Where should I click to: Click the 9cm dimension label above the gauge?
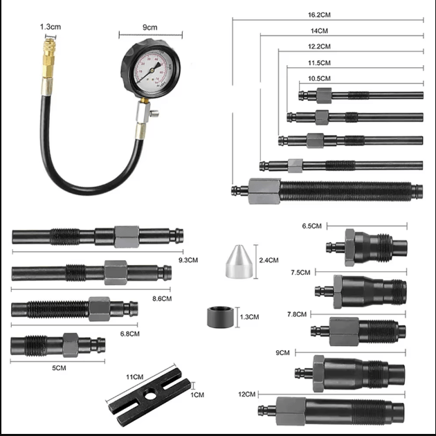[x=150, y=27]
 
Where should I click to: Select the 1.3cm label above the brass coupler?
[x=50, y=26]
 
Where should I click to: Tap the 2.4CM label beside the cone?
[x=268, y=260]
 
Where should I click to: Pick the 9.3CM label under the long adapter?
[x=188, y=260]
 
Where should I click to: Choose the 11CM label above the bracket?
[x=134, y=376]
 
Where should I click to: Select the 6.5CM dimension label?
[x=313, y=226]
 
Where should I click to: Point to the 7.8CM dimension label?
[x=296, y=314]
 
